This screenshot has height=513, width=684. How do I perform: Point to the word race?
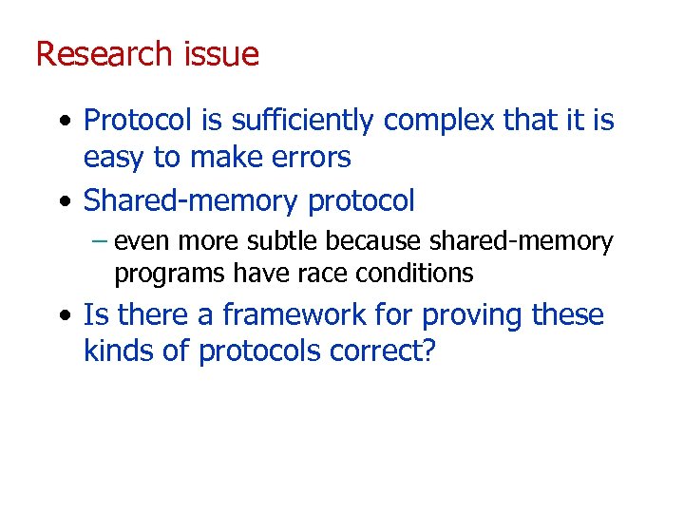click(325, 274)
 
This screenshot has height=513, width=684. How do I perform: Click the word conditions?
click(414, 274)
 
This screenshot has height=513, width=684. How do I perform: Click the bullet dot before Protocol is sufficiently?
click(63, 122)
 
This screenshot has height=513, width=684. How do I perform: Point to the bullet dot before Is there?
click(63, 315)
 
